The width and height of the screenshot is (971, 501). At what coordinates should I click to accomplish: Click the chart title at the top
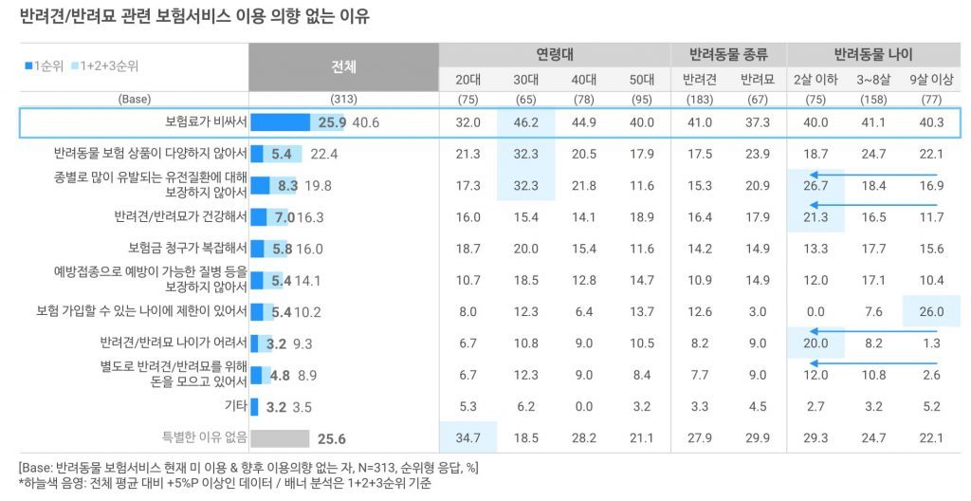point(195,15)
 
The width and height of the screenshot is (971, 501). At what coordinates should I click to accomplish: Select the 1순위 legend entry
point(45,66)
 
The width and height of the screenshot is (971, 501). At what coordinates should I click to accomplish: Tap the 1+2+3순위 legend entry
point(104,66)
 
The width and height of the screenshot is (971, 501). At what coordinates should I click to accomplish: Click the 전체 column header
point(343,67)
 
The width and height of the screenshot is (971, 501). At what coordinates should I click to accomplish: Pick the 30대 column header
point(525,80)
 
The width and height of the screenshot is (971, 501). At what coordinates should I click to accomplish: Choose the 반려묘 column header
point(758,80)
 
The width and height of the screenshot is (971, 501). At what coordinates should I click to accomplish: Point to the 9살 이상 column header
point(931,80)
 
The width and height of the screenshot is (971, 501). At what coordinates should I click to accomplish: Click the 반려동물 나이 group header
point(873,55)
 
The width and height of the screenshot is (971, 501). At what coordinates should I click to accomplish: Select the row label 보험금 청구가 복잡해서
point(188,248)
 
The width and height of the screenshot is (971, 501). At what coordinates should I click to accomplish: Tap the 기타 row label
point(236,406)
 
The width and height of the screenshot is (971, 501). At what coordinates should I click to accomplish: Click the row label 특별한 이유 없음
point(205,437)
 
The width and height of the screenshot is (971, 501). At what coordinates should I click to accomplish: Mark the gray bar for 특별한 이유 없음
point(281,438)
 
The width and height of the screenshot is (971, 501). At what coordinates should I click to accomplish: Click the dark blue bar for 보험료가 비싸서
point(281,122)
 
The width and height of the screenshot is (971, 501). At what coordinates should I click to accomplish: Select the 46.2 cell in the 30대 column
point(525,122)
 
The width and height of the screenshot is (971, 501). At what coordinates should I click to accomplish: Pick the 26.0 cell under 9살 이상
point(931,312)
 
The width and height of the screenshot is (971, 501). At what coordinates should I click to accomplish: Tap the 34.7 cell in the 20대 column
point(467,438)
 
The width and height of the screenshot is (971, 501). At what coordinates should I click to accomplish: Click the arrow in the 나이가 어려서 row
point(873,332)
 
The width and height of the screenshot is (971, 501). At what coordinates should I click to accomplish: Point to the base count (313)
point(343,100)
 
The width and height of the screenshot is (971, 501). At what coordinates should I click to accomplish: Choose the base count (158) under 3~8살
point(873,100)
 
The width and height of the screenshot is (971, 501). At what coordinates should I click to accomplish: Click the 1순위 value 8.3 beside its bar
point(288,185)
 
